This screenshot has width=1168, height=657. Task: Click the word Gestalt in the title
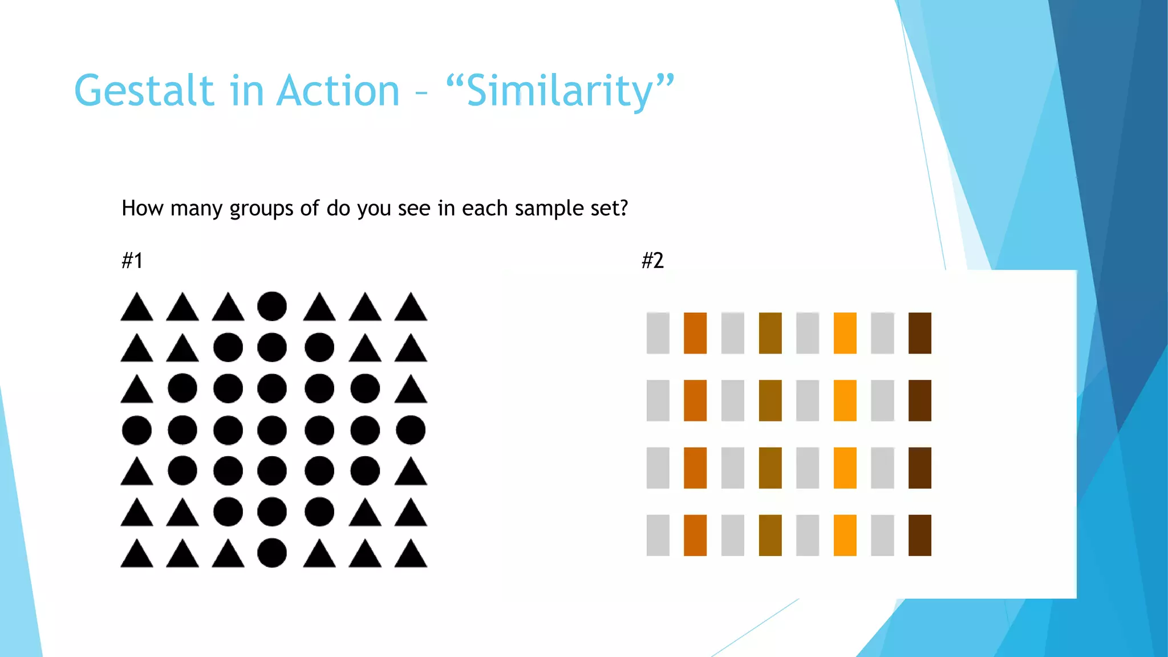(x=144, y=91)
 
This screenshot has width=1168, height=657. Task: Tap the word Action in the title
(x=338, y=91)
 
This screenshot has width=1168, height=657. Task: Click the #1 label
(x=132, y=261)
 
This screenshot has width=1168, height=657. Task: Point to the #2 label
(x=652, y=261)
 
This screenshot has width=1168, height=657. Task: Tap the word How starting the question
(x=142, y=208)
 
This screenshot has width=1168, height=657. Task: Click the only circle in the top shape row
(x=272, y=306)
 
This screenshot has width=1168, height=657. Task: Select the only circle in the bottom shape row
(x=272, y=553)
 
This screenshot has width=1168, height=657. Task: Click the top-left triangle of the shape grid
(x=137, y=309)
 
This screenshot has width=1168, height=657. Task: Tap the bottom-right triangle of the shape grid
(x=411, y=555)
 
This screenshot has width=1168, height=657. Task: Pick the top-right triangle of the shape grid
(x=411, y=309)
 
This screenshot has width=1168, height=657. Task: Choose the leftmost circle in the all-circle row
(x=137, y=430)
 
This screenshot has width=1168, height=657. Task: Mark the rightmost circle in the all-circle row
(x=411, y=430)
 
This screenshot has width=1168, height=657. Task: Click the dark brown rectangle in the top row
(x=919, y=333)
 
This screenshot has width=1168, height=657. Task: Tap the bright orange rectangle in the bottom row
(x=845, y=535)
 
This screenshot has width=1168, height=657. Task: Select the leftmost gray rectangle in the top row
(x=658, y=333)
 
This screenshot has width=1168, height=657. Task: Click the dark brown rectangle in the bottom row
(x=919, y=535)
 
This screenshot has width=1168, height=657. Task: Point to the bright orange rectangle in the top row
(x=845, y=333)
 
